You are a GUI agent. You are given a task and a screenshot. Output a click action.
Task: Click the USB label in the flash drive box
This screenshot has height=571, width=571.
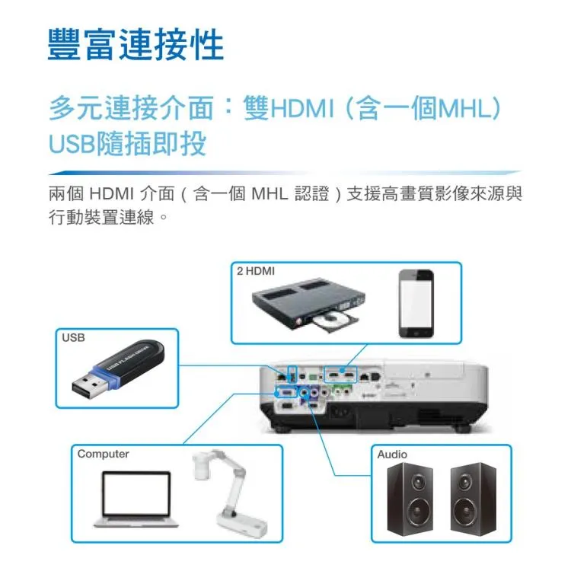[x=73, y=337]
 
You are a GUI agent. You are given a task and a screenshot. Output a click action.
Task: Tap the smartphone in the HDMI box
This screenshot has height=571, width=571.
[x=416, y=302]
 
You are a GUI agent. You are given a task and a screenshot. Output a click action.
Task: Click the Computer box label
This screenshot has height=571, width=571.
[x=103, y=454]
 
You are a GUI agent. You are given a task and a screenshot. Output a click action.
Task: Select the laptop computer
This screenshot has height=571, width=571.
[x=137, y=499]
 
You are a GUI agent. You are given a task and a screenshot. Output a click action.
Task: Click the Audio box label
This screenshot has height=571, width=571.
[x=392, y=454]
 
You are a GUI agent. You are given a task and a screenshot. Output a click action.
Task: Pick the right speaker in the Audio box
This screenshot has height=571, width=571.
[x=474, y=494]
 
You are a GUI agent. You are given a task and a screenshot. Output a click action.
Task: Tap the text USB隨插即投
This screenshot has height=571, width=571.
[x=127, y=143]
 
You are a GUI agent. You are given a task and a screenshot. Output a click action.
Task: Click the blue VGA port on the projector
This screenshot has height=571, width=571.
[x=286, y=393]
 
